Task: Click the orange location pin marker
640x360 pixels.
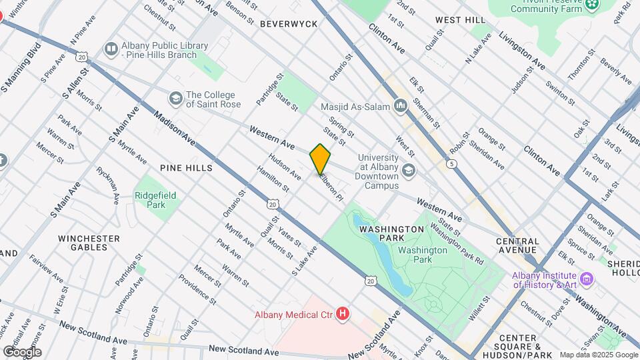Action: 320,159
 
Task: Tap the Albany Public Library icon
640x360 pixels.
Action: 111,49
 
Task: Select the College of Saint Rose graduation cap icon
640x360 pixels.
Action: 175,99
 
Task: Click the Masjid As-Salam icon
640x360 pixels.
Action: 401,105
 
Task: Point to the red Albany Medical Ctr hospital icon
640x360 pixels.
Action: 343,313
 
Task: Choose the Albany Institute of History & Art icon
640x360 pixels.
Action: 587,278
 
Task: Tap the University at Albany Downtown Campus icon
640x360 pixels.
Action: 409,171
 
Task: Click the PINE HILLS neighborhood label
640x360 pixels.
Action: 186,168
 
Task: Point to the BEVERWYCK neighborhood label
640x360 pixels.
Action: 289,23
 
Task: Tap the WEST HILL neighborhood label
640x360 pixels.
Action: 459,21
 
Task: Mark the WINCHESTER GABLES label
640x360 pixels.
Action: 89,243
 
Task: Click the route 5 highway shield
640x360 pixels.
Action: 453,163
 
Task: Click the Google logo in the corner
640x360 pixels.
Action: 22,352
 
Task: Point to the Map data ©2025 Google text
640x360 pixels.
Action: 597,355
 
